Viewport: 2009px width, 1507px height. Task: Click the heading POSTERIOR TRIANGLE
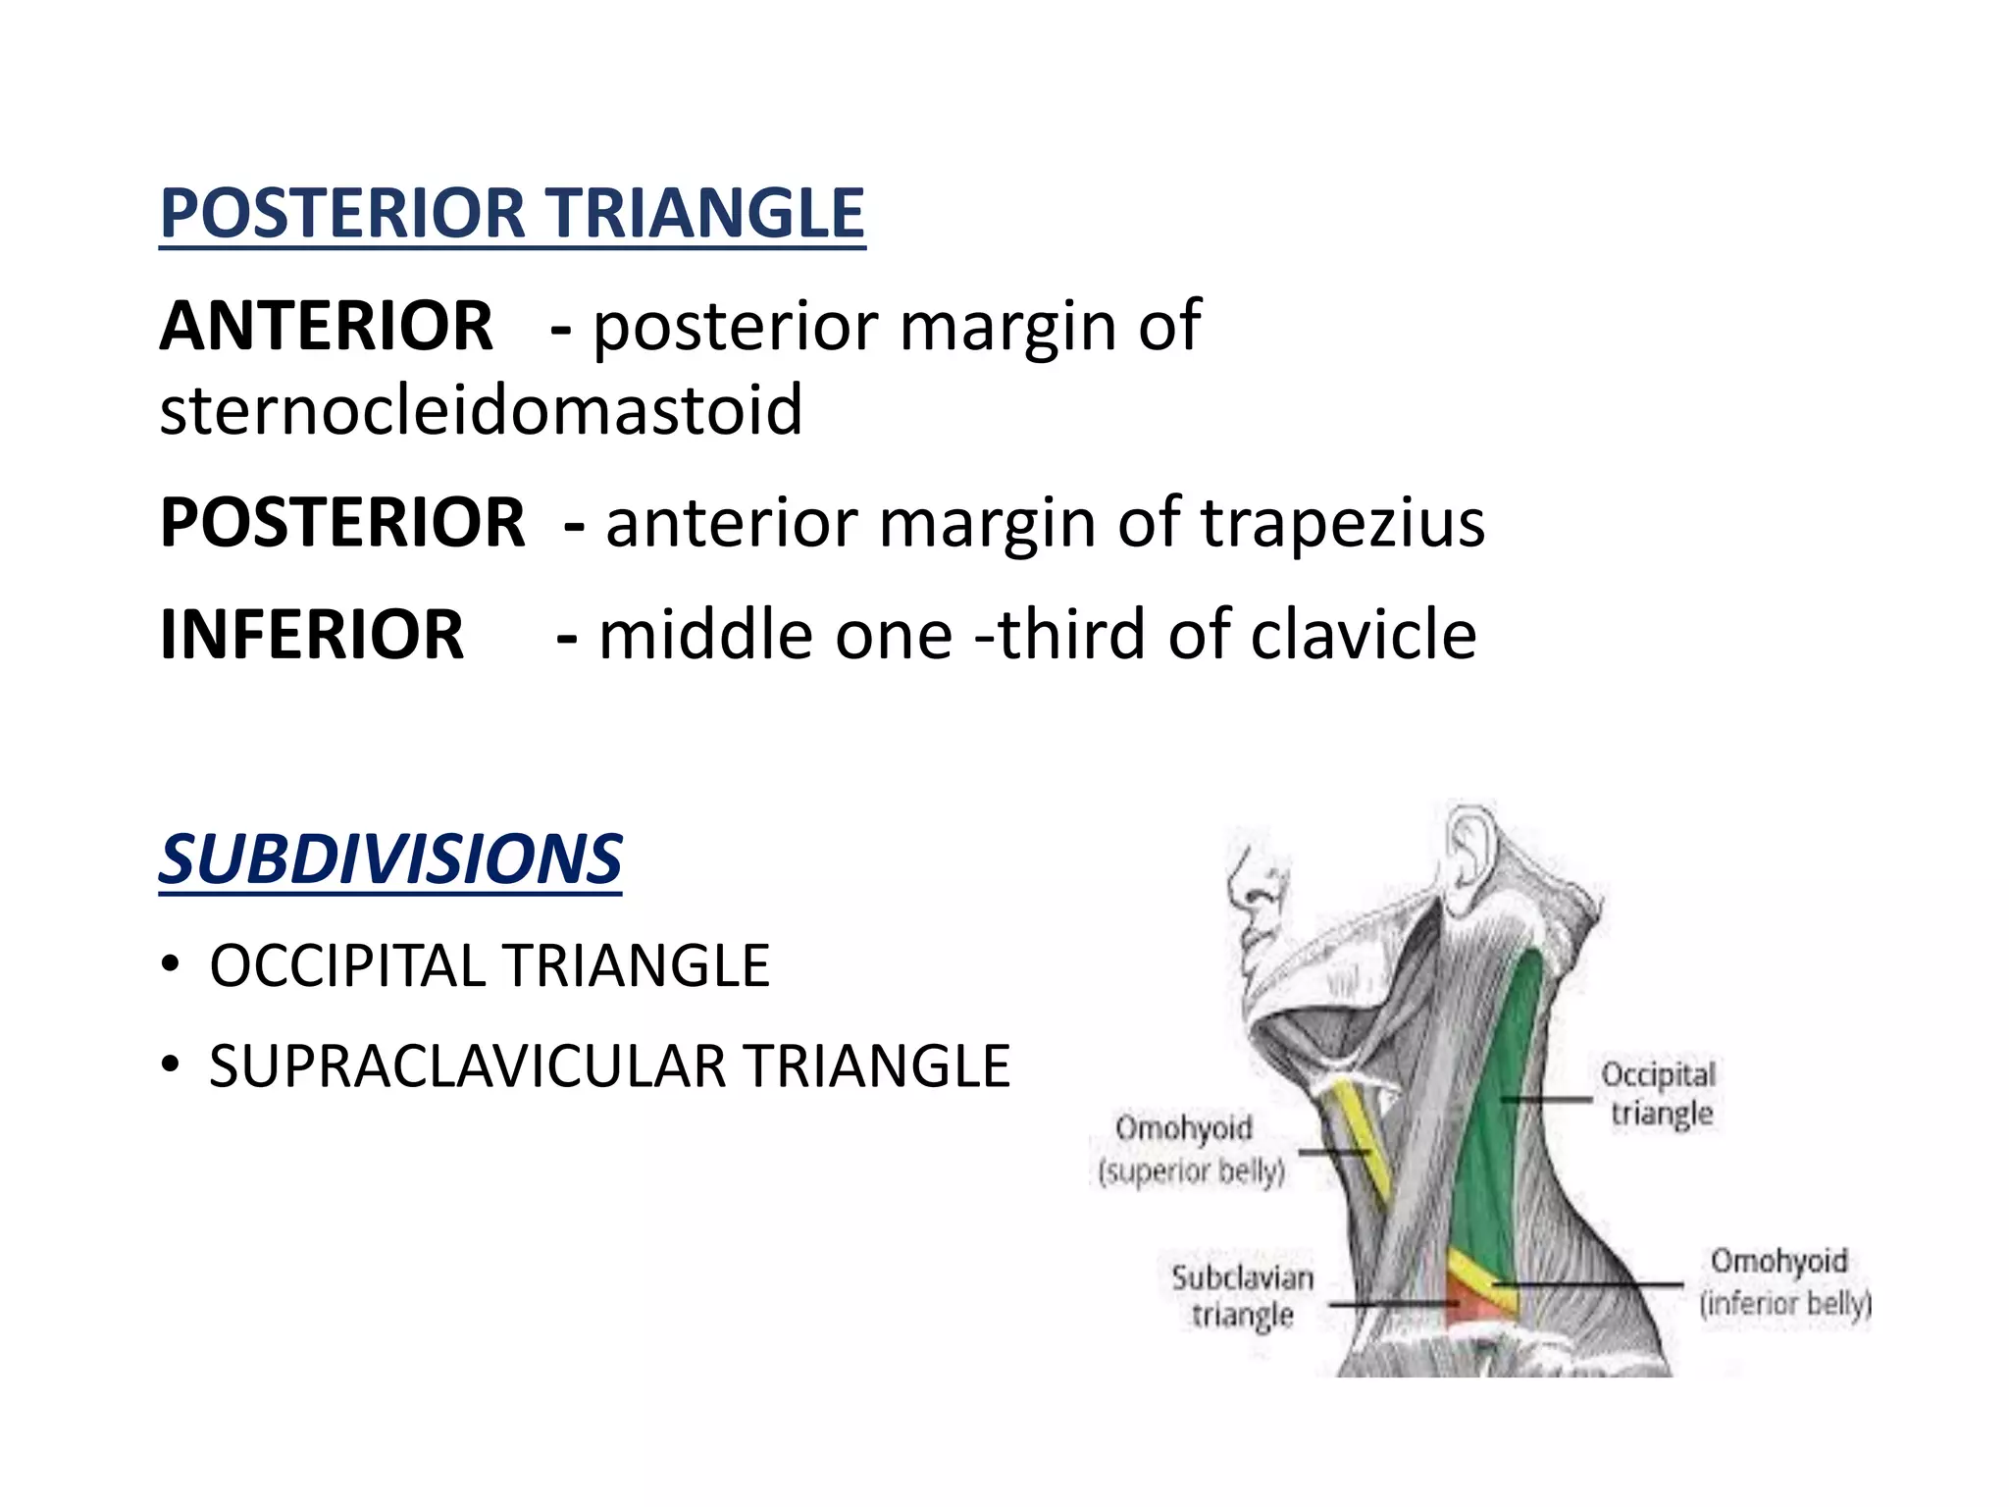coord(512,214)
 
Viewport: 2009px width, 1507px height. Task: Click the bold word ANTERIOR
coord(326,326)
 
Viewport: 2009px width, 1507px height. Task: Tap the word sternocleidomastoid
coord(481,410)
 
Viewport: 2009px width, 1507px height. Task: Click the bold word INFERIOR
coord(312,635)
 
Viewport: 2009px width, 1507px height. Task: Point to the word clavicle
coord(1363,635)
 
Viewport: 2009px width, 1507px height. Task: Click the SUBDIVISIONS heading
coord(390,859)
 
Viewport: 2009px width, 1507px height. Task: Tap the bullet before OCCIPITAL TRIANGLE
coord(171,965)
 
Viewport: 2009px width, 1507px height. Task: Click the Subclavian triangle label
coord(1242,1296)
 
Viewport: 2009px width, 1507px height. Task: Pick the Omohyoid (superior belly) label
coord(1189,1149)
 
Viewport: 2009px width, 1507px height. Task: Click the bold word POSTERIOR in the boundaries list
coord(342,523)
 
